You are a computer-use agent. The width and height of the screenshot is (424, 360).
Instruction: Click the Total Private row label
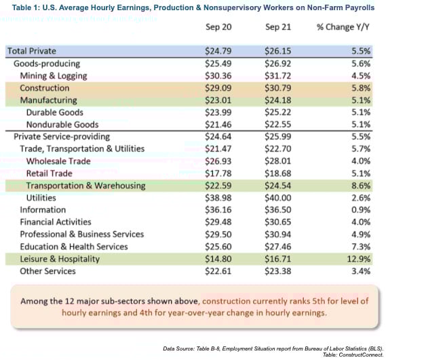31,51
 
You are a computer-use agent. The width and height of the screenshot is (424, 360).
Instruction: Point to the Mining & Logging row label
54,75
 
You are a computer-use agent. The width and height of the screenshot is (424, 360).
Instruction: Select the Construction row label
45,88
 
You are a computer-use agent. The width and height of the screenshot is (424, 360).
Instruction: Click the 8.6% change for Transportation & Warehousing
358,185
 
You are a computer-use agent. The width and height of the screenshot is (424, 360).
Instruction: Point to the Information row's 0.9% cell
358,209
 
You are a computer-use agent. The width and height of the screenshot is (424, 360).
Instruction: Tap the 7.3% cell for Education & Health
358,246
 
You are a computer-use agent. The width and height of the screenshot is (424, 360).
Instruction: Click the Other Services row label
47,271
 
